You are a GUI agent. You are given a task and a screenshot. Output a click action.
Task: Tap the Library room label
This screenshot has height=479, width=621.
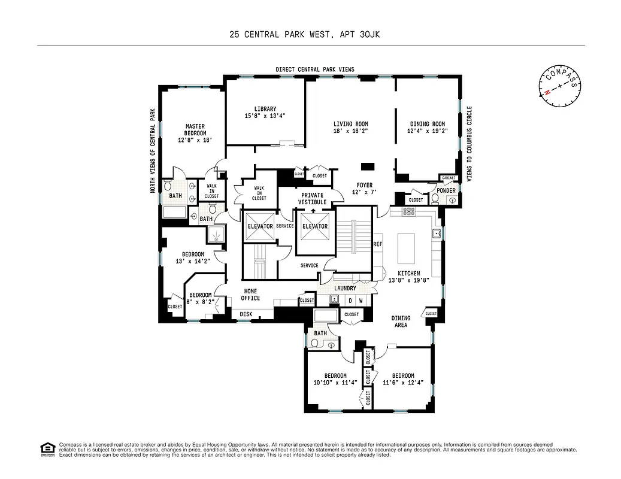click(265, 109)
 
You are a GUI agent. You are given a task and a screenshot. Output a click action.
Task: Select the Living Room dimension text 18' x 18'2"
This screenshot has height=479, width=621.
click(350, 131)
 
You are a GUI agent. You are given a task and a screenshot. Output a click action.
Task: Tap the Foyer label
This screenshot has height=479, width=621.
click(364, 186)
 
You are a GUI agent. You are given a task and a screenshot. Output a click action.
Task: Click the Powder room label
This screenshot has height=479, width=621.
click(446, 191)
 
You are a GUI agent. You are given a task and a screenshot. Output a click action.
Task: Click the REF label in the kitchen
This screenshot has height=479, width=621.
click(378, 244)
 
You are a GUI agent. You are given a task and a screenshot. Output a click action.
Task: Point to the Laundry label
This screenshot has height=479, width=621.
click(345, 288)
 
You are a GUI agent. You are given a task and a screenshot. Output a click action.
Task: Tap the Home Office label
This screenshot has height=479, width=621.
click(250, 295)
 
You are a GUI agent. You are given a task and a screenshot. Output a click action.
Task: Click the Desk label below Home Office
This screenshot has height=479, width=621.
click(246, 314)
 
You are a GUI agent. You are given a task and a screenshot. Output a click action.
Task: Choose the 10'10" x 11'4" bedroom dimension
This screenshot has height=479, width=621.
click(335, 382)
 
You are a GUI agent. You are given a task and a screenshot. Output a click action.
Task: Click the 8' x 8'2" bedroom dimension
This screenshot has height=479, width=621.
click(200, 302)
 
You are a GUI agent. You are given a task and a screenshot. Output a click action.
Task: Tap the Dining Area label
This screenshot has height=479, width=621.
click(401, 322)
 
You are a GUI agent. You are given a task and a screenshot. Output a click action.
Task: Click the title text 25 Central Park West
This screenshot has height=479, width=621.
click(278, 35)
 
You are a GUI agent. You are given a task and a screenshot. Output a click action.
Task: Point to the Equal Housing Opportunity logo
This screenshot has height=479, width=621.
click(46, 448)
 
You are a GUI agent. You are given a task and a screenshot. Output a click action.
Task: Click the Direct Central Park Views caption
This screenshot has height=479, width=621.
click(314, 69)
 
